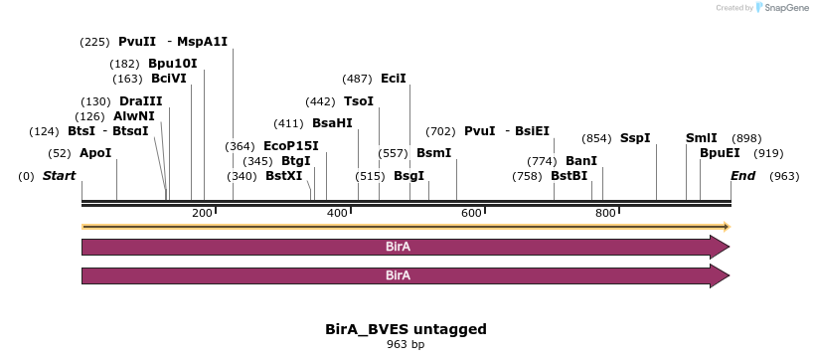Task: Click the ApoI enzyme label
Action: [95, 153]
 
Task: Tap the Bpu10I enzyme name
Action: [172, 64]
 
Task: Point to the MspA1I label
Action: [203, 42]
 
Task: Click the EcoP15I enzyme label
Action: [291, 146]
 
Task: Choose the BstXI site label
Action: [283, 176]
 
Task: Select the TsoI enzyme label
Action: [359, 101]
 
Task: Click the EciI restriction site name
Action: [394, 79]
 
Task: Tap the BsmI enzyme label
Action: [433, 153]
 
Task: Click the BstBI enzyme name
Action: [569, 176]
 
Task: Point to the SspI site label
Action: [635, 138]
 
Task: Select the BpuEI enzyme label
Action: [720, 153]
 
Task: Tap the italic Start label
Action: [59, 176]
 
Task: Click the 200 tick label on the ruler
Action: [202, 214]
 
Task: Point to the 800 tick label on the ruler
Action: [603, 214]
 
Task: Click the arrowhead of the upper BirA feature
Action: [720, 247]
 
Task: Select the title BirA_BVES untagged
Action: [406, 328]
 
